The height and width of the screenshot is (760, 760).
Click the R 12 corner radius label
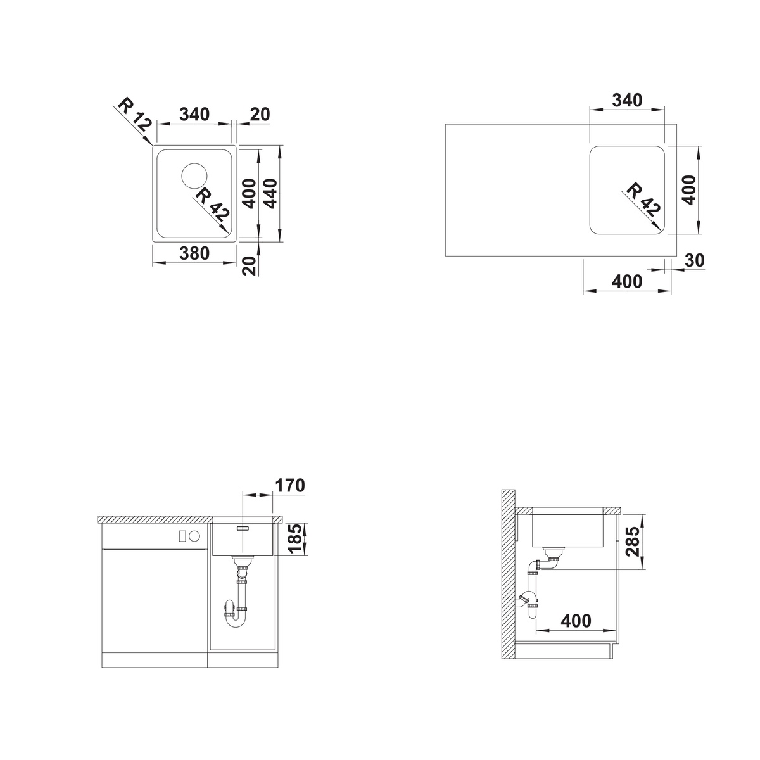(134, 114)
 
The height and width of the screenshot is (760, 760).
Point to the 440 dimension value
(271, 193)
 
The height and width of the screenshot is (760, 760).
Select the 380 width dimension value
(194, 253)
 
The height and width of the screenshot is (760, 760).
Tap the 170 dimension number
(290, 486)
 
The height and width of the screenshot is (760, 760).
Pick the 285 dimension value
(633, 541)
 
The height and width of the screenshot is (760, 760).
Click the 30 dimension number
(695, 260)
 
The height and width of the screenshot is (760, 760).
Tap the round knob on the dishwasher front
(195, 536)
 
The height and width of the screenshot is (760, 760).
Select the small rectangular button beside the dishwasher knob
(182, 536)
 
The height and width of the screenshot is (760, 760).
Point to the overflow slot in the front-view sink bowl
(243, 528)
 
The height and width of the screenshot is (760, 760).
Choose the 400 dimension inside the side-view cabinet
(576, 621)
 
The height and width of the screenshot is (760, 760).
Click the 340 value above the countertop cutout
(627, 100)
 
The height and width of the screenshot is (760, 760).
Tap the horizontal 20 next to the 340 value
(260, 115)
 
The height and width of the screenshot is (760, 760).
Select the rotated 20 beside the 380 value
(250, 265)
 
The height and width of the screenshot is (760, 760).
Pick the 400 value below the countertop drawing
(627, 282)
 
